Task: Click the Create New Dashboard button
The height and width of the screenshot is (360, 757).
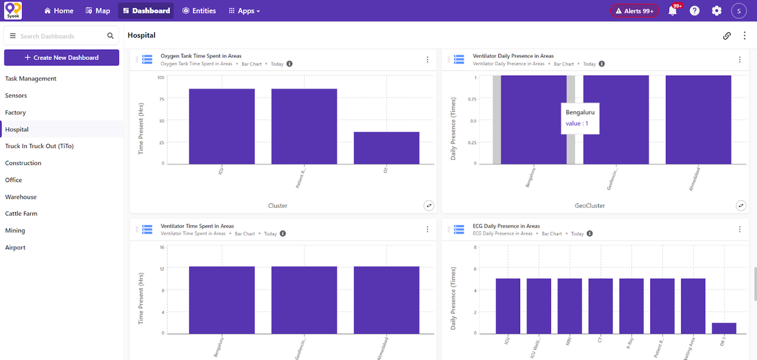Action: tap(62, 58)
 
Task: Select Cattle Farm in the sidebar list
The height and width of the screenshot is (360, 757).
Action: tap(21, 214)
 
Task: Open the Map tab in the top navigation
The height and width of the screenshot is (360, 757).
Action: tap(98, 11)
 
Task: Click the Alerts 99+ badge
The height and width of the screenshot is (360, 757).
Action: tap(634, 11)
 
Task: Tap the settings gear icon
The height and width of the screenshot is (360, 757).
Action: tap(717, 11)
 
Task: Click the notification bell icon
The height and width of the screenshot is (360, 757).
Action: tap(672, 11)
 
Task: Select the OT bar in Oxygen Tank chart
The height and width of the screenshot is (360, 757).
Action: tap(386, 148)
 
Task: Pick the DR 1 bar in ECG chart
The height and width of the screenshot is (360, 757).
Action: tap(724, 328)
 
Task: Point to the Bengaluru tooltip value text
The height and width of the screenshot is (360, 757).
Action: tap(577, 124)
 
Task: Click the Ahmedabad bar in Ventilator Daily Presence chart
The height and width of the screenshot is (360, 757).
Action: tap(698, 120)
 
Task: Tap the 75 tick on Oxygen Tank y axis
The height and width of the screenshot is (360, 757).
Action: tap(161, 99)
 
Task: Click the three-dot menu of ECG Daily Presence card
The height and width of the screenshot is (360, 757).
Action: tap(740, 229)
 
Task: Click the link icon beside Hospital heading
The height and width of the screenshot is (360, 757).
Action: tap(727, 36)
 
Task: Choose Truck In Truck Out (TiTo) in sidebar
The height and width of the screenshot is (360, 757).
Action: tap(39, 146)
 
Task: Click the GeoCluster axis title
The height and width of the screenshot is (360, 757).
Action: tap(589, 205)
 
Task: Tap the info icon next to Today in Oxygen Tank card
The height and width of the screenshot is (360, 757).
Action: tap(290, 64)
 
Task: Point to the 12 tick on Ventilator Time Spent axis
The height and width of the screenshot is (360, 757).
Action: tap(162, 269)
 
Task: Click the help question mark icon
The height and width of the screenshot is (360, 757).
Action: tap(694, 11)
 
